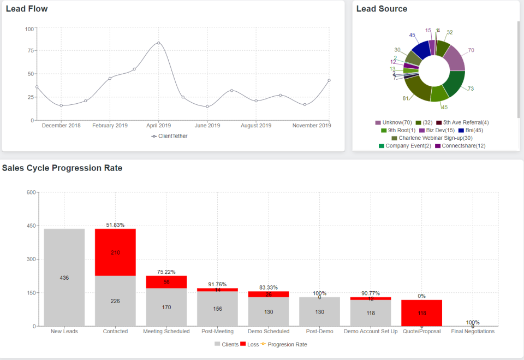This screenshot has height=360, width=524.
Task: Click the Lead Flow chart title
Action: point(27,9)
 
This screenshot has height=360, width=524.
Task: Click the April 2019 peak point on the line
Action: point(158,43)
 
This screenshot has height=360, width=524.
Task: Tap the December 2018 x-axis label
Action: point(61,126)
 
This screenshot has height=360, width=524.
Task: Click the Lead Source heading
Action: point(382,9)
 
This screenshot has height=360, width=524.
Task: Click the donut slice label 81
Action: point(406,99)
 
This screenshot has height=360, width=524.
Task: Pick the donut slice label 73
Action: point(471,88)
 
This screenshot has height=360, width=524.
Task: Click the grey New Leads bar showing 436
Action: point(64,278)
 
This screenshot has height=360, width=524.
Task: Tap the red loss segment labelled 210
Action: point(115,252)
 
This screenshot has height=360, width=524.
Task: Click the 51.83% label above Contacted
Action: point(115,225)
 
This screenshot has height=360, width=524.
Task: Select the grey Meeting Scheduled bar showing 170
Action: point(166,307)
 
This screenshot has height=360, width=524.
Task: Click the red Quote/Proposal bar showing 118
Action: point(421,313)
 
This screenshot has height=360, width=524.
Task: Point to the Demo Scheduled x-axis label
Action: point(269,332)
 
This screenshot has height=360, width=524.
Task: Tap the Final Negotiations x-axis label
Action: point(473,332)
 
